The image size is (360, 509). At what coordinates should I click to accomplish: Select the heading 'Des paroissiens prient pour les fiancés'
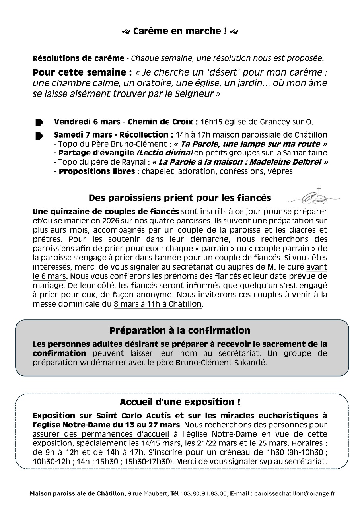pos(180,198)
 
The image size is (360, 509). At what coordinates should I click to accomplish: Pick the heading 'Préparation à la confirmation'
pos(180,330)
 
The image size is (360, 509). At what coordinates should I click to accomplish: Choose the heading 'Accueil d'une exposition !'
pos(180,402)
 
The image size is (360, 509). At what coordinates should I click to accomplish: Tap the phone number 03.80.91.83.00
pos(204,493)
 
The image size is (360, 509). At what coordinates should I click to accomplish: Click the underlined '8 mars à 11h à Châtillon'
pos(158,305)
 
